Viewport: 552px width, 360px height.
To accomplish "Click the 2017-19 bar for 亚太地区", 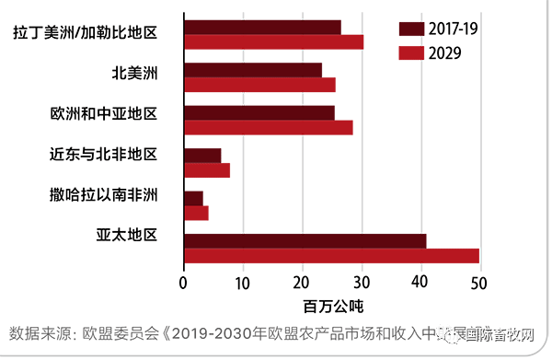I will [x=305, y=241].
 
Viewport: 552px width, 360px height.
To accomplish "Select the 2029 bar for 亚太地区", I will [x=331, y=256].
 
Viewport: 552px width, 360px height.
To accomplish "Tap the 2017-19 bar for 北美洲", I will [x=253, y=70].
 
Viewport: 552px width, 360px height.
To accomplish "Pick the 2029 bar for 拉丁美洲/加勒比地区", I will [x=273, y=41].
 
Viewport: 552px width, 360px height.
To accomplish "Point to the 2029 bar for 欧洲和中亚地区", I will [x=268, y=127].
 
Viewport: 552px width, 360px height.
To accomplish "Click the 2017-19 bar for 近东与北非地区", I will [x=202, y=156].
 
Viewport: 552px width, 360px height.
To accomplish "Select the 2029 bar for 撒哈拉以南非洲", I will [x=196, y=213].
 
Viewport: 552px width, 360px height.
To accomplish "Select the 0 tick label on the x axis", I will [x=184, y=282].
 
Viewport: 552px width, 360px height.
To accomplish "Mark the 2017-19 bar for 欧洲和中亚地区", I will [x=259, y=113].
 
